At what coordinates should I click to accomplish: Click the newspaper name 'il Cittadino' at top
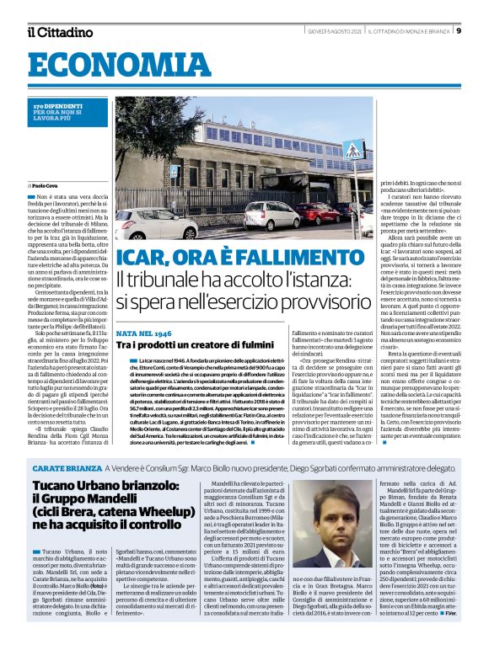(59, 32)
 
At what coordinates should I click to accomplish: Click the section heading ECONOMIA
(94, 66)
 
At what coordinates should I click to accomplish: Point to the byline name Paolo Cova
(46, 185)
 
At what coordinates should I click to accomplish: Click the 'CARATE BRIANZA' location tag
(67, 466)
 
